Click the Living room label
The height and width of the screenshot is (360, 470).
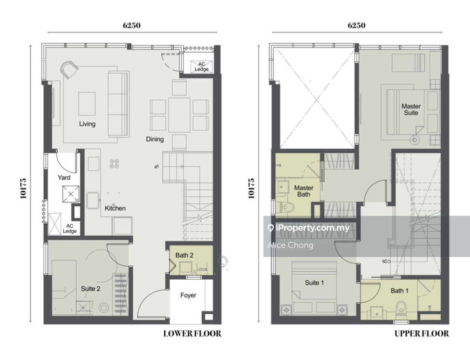pyautogui.click(x=87, y=124)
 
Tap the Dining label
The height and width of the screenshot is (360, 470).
pyautogui.click(x=155, y=139)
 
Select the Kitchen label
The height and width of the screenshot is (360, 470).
pyautogui.click(x=115, y=208)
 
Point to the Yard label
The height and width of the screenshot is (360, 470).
pyautogui.click(x=64, y=178)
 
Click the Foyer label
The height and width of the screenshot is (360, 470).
pyautogui.click(x=188, y=295)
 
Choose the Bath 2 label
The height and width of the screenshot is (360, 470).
pyautogui.click(x=184, y=255)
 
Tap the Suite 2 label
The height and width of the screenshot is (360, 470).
pyautogui.click(x=91, y=289)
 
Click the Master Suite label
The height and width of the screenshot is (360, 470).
pyautogui.click(x=411, y=110)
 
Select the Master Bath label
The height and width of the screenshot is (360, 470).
pyautogui.click(x=304, y=191)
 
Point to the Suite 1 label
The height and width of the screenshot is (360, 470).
pyautogui.click(x=314, y=283)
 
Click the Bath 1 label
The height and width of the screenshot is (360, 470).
pyautogui.click(x=400, y=291)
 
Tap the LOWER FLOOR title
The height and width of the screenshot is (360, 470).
pyautogui.click(x=192, y=334)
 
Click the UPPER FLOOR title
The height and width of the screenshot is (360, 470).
pyautogui.click(x=422, y=334)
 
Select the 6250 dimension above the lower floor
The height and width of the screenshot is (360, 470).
pyautogui.click(x=132, y=25)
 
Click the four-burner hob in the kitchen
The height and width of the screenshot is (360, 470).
pyautogui.click(x=114, y=164)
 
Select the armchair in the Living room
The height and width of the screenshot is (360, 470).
pyautogui.click(x=69, y=70)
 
